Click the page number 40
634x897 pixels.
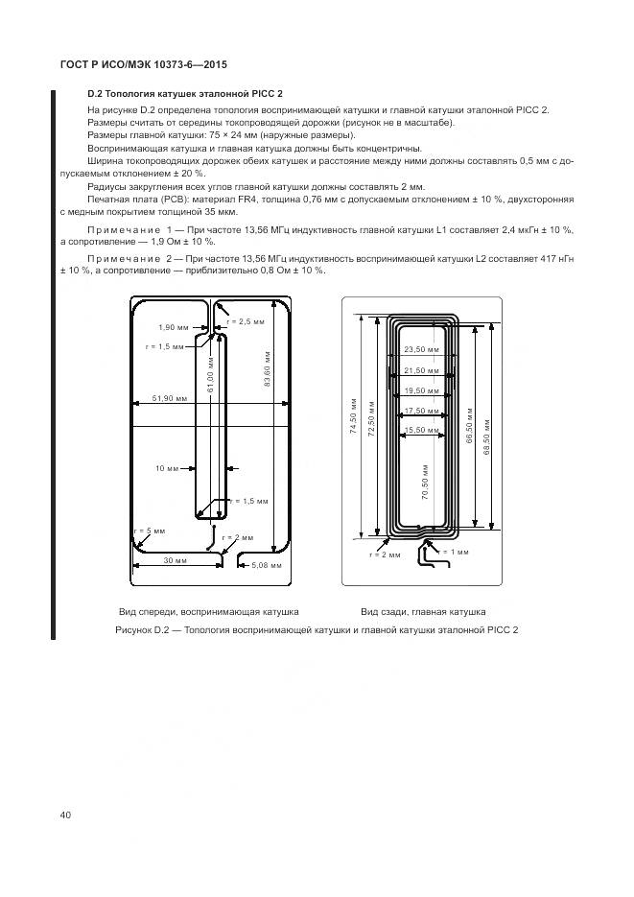[65, 814]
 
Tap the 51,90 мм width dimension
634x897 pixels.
[169, 397]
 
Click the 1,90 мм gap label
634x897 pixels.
[174, 327]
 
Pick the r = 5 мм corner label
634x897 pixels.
[150, 531]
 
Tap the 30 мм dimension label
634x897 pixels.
[175, 559]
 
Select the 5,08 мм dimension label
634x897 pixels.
[266, 566]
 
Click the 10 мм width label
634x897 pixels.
[167, 469]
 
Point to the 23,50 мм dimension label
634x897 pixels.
[420, 350]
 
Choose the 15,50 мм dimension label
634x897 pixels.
[420, 429]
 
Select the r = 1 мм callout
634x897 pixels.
[455, 552]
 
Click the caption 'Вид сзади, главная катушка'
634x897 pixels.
[423, 611]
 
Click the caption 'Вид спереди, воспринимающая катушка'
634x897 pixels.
[208, 611]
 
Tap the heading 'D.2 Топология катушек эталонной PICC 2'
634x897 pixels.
[185, 93]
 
